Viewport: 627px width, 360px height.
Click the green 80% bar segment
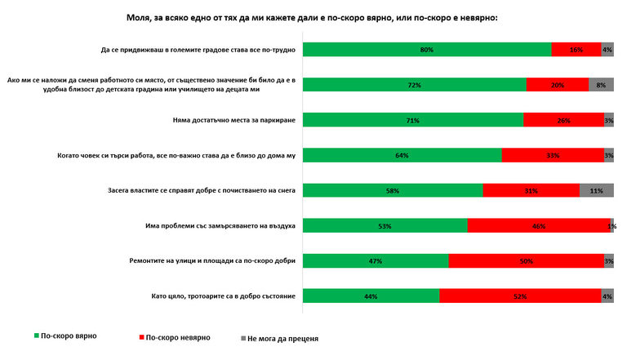(427, 50)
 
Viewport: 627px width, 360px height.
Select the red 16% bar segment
(576, 50)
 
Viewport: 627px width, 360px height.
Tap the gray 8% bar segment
(601, 85)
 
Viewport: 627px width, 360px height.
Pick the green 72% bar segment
(415, 85)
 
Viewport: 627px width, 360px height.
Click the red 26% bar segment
(563, 121)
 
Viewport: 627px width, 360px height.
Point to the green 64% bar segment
(402, 156)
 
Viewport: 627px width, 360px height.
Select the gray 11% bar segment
(596, 190)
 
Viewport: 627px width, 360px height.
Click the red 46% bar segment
(538, 225)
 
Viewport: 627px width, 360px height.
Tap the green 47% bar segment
(376, 261)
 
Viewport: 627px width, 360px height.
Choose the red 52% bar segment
(520, 296)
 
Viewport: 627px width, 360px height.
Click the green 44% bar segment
(371, 296)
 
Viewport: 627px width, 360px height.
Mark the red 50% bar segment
(526, 261)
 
